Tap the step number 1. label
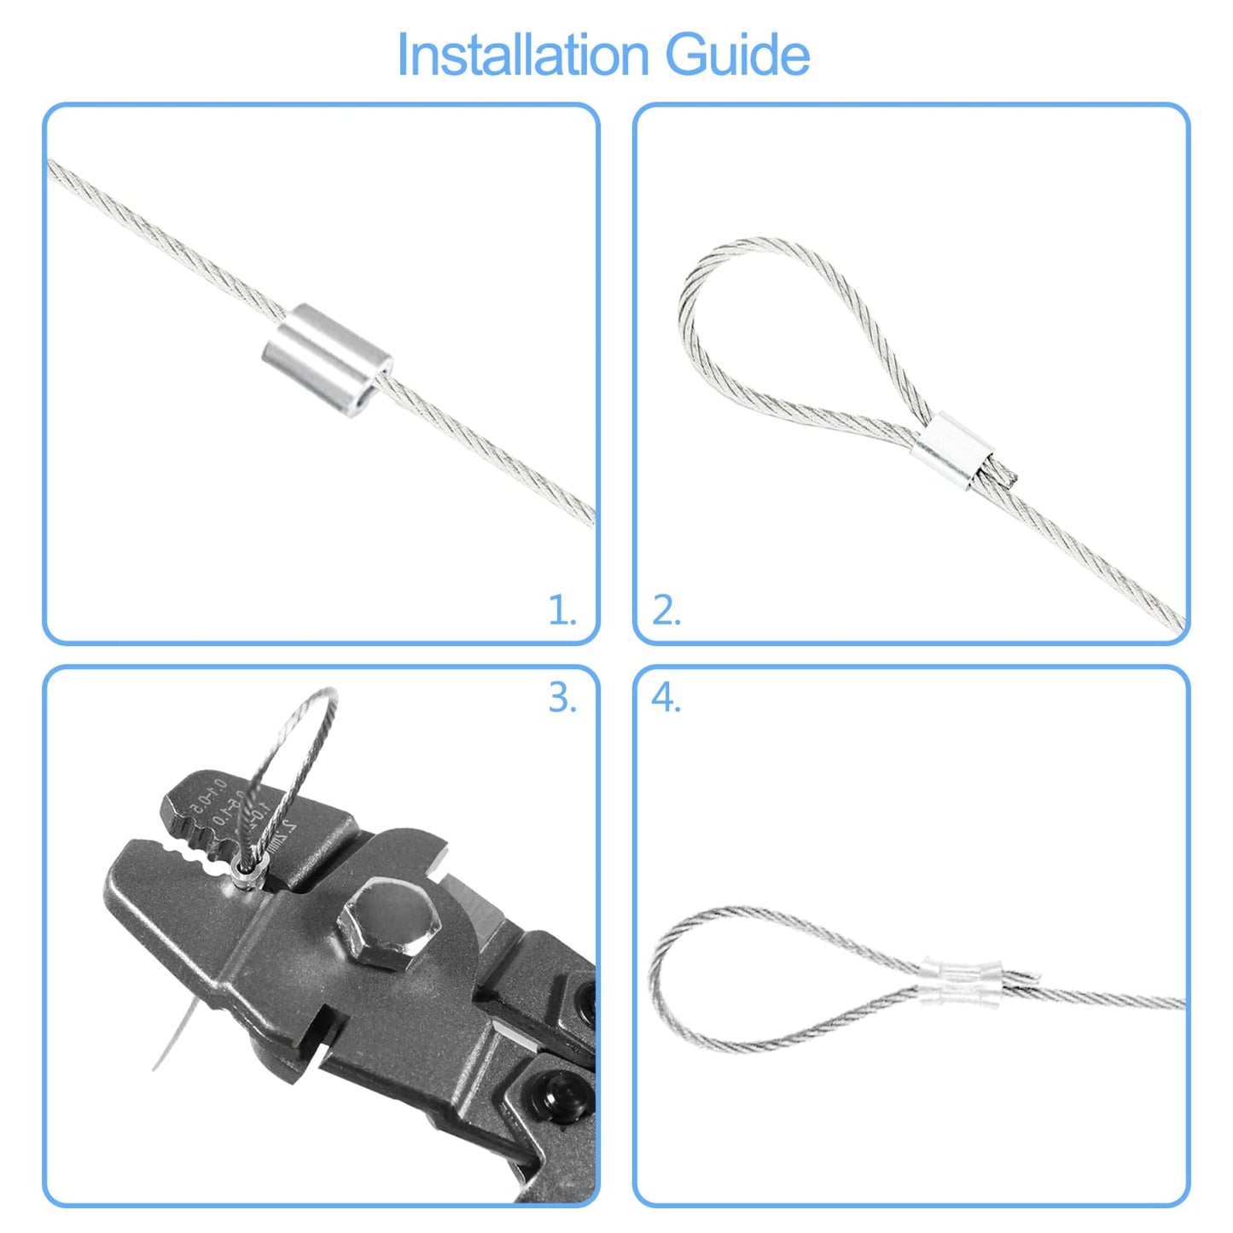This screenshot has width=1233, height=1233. (562, 611)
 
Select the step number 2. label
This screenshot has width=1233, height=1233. (666, 611)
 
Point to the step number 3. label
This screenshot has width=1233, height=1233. (562, 698)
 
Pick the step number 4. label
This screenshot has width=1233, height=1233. (666, 698)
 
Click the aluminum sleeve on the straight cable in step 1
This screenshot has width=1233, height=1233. (327, 347)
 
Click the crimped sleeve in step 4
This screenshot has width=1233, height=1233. (963, 981)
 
